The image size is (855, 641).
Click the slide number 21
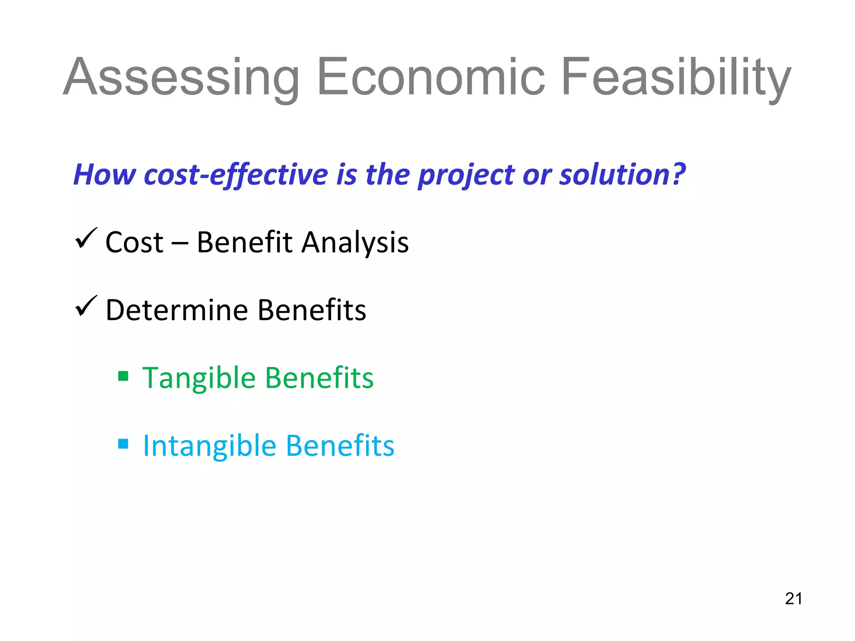tap(794, 599)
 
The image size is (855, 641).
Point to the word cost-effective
tap(236, 174)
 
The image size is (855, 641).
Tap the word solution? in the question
tap(622, 174)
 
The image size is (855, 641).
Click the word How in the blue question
tap(104, 174)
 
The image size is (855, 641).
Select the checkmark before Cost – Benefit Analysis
tap(86, 239)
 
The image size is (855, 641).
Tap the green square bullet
tap(123, 376)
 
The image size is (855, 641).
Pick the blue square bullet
tap(123, 443)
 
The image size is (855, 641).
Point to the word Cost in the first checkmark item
tap(134, 243)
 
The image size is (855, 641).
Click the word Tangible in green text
tap(199, 378)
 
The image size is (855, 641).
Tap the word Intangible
tap(209, 446)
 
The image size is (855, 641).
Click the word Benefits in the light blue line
tap(340, 446)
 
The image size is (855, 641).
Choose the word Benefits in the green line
tap(319, 378)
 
